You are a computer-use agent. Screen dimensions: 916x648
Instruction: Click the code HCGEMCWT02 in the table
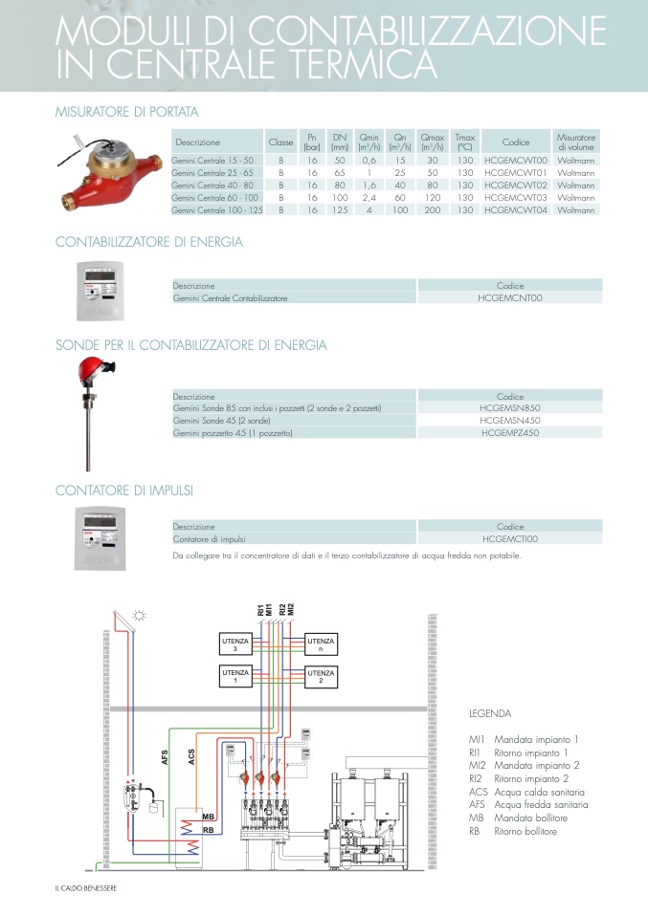point(515,185)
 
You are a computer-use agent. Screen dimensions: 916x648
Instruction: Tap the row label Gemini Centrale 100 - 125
point(216,209)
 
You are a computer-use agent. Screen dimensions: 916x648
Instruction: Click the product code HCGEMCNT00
point(510,298)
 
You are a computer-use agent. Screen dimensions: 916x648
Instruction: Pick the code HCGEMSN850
point(510,407)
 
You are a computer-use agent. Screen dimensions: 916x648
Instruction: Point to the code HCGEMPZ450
point(510,433)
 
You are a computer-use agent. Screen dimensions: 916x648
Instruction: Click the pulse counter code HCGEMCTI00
point(510,539)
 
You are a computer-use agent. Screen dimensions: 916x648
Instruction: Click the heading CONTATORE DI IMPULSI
point(124,491)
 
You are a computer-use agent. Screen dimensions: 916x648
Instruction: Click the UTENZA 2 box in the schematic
point(321,676)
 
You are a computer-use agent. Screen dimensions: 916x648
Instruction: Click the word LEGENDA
point(489,713)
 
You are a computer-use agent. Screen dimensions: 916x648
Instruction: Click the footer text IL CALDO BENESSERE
point(86,887)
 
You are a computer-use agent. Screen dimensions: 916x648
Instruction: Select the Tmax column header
point(465,142)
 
